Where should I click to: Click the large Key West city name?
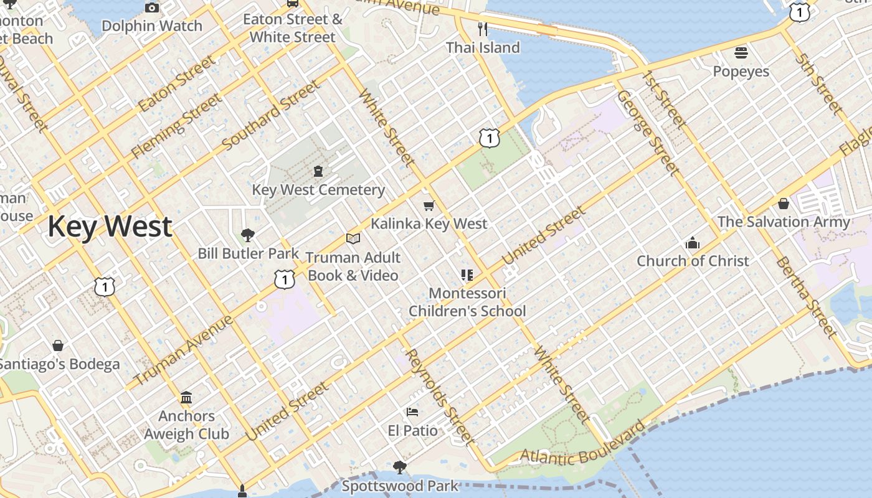pyautogui.click(x=110, y=227)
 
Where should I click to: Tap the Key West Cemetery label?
pyautogui.click(x=318, y=190)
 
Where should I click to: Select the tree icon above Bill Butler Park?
pyautogui.click(x=247, y=235)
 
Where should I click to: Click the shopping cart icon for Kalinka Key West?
pyautogui.click(x=429, y=205)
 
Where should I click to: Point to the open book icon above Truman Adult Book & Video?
pyautogui.click(x=353, y=239)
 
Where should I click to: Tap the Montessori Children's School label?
pyautogui.click(x=467, y=302)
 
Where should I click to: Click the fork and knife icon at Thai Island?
pyautogui.click(x=483, y=29)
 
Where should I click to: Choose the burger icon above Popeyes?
pyautogui.click(x=741, y=52)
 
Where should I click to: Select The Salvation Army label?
pyautogui.click(x=784, y=222)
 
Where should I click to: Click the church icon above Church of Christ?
pyautogui.click(x=693, y=243)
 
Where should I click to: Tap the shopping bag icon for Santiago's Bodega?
pyautogui.click(x=58, y=345)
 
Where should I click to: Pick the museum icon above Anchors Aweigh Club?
pyautogui.click(x=186, y=397)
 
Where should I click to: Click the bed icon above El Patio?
pyautogui.click(x=412, y=411)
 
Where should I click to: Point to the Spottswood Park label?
pyautogui.click(x=400, y=486)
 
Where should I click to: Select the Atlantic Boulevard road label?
pyautogui.click(x=583, y=445)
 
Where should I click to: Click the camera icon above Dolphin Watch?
pyautogui.click(x=152, y=8)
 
